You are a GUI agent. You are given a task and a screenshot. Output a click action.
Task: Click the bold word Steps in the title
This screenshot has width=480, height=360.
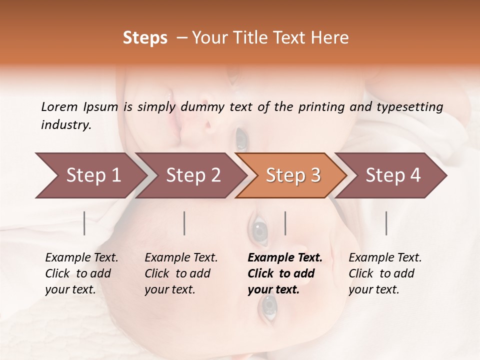pos(145,38)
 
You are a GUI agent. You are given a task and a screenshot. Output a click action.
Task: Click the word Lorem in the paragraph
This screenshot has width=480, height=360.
pos(59,106)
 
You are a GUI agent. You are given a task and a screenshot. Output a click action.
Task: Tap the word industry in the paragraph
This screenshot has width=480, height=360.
pos(66,124)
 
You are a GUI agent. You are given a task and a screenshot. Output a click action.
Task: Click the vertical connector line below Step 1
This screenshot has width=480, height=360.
pos(84,223)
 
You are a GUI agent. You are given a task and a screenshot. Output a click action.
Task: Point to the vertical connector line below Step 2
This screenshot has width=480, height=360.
pos(184,223)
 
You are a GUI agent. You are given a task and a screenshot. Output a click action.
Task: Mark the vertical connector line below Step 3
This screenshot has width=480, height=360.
pos(285,223)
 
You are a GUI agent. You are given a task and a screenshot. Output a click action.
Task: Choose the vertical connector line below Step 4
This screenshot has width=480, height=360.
pos(386,223)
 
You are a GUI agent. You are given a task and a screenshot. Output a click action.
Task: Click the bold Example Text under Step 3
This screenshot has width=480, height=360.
pos(285,258)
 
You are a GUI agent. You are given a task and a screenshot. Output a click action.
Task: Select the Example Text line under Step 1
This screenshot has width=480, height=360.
pos(81,258)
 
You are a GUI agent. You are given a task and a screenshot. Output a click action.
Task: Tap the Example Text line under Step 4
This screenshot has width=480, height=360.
pos(385,258)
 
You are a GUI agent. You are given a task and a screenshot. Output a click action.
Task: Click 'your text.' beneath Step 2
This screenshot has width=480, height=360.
pos(169,289)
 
